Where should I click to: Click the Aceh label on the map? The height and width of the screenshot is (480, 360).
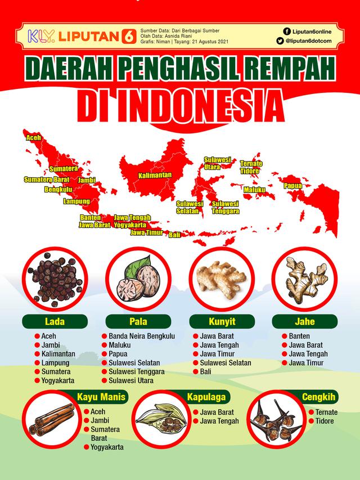tap(33, 137)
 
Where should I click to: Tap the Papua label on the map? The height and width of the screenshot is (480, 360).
tap(293, 185)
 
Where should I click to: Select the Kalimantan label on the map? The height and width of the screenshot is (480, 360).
tap(155, 176)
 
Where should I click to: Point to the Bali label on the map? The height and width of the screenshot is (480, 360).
tap(174, 235)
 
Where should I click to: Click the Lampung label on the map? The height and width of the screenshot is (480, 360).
tap(76, 201)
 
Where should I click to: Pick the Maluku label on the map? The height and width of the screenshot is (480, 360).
tap(254, 190)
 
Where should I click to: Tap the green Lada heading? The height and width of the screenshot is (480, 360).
tap(55, 322)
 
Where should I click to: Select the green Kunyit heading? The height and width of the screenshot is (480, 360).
tap(221, 322)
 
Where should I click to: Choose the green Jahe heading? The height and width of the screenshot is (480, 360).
tap(304, 322)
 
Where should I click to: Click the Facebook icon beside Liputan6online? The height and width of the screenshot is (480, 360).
tap(287, 32)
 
